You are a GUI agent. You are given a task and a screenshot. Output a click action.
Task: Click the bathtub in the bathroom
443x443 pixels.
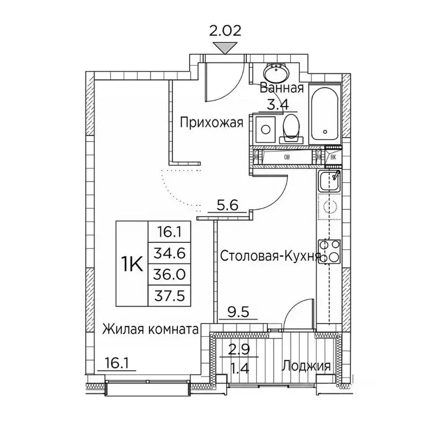coord(325,115)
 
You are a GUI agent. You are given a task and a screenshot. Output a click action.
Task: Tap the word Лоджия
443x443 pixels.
coord(306,366)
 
